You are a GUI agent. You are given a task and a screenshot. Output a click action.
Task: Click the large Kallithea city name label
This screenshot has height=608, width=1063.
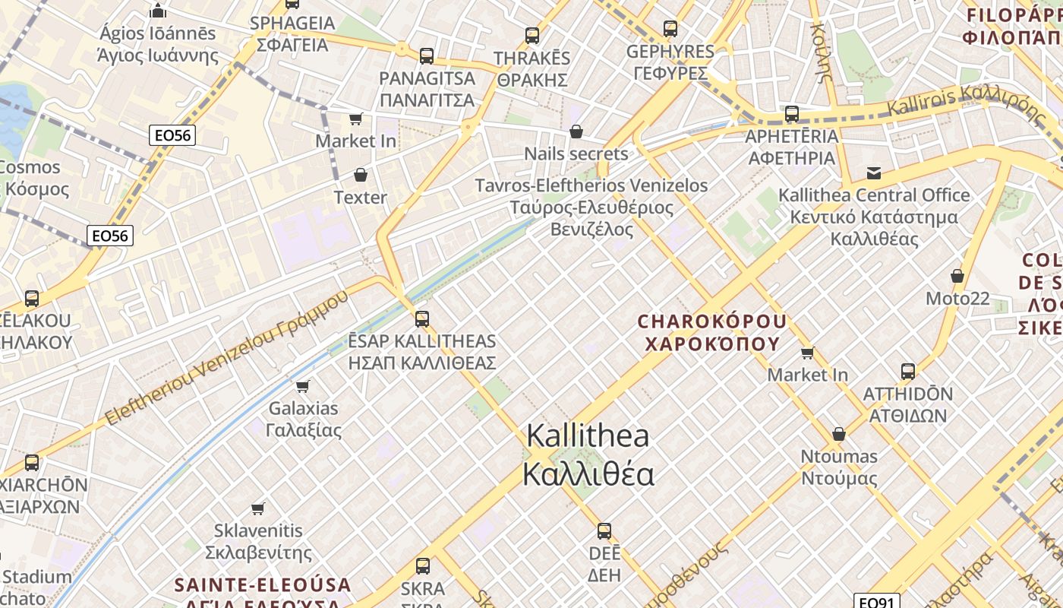coord(588,454)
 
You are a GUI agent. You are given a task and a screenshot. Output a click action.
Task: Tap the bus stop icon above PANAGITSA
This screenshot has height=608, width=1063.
coord(427,55)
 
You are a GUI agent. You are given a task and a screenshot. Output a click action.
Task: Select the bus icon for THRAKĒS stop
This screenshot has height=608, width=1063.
coord(532,35)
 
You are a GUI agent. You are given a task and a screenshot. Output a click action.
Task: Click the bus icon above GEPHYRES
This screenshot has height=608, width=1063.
coord(670,29)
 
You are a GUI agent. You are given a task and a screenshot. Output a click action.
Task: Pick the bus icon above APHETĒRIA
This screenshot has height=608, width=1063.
coord(792,114)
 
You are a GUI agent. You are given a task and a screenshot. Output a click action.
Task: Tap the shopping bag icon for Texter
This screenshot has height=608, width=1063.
coord(361,176)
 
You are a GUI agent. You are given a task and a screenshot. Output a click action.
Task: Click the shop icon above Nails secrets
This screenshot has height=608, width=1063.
coord(576,131)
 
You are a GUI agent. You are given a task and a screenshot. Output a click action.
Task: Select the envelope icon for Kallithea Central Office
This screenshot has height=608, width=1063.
coord(874,173)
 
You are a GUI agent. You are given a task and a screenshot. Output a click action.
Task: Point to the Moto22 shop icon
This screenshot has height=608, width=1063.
coord(957,276)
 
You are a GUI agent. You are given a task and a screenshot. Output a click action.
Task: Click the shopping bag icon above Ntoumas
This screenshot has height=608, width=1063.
coord(839,434)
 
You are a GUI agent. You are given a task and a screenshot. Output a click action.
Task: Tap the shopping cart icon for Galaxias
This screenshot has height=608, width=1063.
coord(303,386)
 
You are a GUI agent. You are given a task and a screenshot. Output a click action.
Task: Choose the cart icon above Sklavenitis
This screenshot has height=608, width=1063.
coord(258,508)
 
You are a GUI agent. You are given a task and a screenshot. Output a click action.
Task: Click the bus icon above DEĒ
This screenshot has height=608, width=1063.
coord(604,530)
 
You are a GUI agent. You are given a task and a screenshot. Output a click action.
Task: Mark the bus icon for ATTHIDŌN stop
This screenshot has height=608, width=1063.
coord(908,372)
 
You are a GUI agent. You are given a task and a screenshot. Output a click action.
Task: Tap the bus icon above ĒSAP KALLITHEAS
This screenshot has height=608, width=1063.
coord(422,318)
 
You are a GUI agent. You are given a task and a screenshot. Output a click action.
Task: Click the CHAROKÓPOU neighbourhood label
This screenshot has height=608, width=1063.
coord(712,332)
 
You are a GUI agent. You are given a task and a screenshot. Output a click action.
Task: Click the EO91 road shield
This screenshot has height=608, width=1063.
coord(876,601)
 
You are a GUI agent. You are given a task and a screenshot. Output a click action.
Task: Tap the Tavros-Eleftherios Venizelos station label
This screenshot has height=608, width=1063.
coord(591,207)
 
